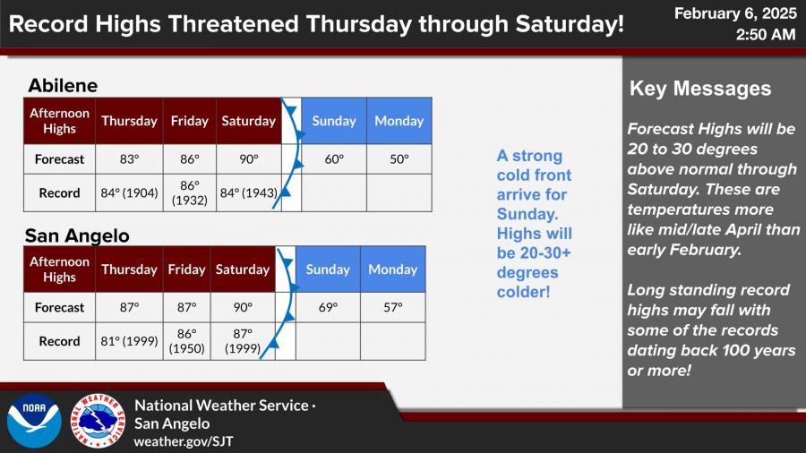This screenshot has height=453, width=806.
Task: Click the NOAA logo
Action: point(34,421)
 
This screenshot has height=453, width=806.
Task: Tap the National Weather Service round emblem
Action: point(98,421)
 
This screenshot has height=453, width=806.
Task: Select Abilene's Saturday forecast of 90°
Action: point(249,159)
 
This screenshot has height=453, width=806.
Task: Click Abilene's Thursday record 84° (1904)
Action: point(129,193)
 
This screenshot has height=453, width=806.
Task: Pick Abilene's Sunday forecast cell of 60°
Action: point(334,159)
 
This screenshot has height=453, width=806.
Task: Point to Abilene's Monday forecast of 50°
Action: point(399,159)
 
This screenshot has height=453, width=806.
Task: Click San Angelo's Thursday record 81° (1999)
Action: point(129,341)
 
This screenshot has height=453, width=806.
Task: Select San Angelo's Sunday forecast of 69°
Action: point(328,308)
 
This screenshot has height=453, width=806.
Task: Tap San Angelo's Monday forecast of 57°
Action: point(393,308)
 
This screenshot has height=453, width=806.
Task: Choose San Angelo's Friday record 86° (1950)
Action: point(186,341)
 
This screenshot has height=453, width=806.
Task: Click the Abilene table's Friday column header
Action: point(190,121)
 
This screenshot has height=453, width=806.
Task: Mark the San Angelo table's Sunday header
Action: point(328,269)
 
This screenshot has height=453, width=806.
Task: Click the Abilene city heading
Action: point(63,85)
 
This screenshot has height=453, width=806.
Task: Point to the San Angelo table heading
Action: point(77,235)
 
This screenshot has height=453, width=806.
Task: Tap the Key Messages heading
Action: point(700,89)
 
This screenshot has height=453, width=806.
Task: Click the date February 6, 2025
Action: point(735,13)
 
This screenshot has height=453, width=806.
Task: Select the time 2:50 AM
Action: point(766,34)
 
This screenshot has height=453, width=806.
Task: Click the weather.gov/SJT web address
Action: point(184,441)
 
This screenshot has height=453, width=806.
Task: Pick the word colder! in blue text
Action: point(523,292)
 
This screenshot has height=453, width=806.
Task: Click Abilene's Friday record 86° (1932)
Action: point(190,192)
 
